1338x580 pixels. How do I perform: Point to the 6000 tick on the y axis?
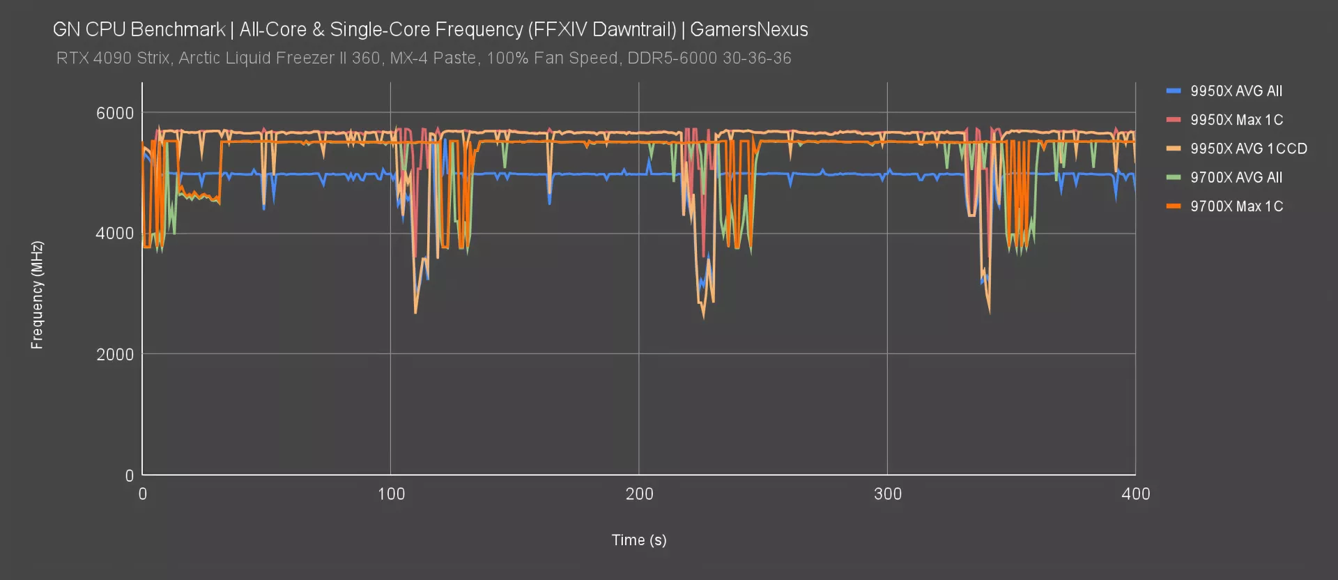114,113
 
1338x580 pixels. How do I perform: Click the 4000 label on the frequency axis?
114,234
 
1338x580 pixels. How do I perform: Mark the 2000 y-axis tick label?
114,354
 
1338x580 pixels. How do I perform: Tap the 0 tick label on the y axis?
129,475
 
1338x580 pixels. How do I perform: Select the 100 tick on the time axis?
391,494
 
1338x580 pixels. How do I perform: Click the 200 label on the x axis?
639,494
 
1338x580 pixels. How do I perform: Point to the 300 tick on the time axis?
887,494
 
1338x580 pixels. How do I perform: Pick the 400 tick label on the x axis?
1135,494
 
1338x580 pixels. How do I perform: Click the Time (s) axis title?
638,540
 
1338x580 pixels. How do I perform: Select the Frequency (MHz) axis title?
37,294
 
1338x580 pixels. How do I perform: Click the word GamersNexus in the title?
748,29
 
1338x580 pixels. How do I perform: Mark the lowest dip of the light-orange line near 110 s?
415,313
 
